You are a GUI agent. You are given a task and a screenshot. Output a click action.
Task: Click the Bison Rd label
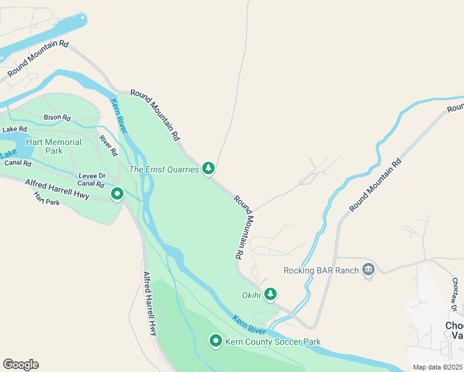pyautogui.click(x=57, y=117)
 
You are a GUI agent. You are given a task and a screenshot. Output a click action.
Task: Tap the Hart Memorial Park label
pyautogui.click(x=53, y=146)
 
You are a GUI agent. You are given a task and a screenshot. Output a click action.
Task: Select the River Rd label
pyautogui.click(x=108, y=146)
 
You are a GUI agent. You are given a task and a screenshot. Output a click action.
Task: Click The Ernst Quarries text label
pyautogui.click(x=164, y=169)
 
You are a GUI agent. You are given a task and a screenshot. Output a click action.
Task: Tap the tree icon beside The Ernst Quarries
pyautogui.click(x=209, y=168)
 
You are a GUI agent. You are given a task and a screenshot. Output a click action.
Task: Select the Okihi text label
pyautogui.click(x=251, y=294)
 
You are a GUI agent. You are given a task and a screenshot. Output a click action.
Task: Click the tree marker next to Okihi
pyautogui.click(x=270, y=294)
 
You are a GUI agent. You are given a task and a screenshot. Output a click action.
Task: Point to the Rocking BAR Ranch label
pyautogui.click(x=321, y=270)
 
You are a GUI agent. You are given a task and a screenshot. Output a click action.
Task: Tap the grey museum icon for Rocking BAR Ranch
pyautogui.click(x=369, y=269)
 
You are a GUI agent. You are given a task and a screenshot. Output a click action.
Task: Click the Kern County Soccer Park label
pyautogui.click(x=273, y=342)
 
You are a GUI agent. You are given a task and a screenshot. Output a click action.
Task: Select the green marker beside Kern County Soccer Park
pyautogui.click(x=216, y=340)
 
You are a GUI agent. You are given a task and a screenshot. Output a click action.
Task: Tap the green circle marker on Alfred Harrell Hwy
pyautogui.click(x=117, y=195)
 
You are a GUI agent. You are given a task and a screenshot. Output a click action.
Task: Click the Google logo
pyautogui.click(x=20, y=365)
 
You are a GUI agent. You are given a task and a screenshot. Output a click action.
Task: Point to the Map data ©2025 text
pyautogui.click(x=437, y=367)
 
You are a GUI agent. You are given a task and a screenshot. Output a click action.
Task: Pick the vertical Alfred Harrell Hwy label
pyautogui.click(x=149, y=303)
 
